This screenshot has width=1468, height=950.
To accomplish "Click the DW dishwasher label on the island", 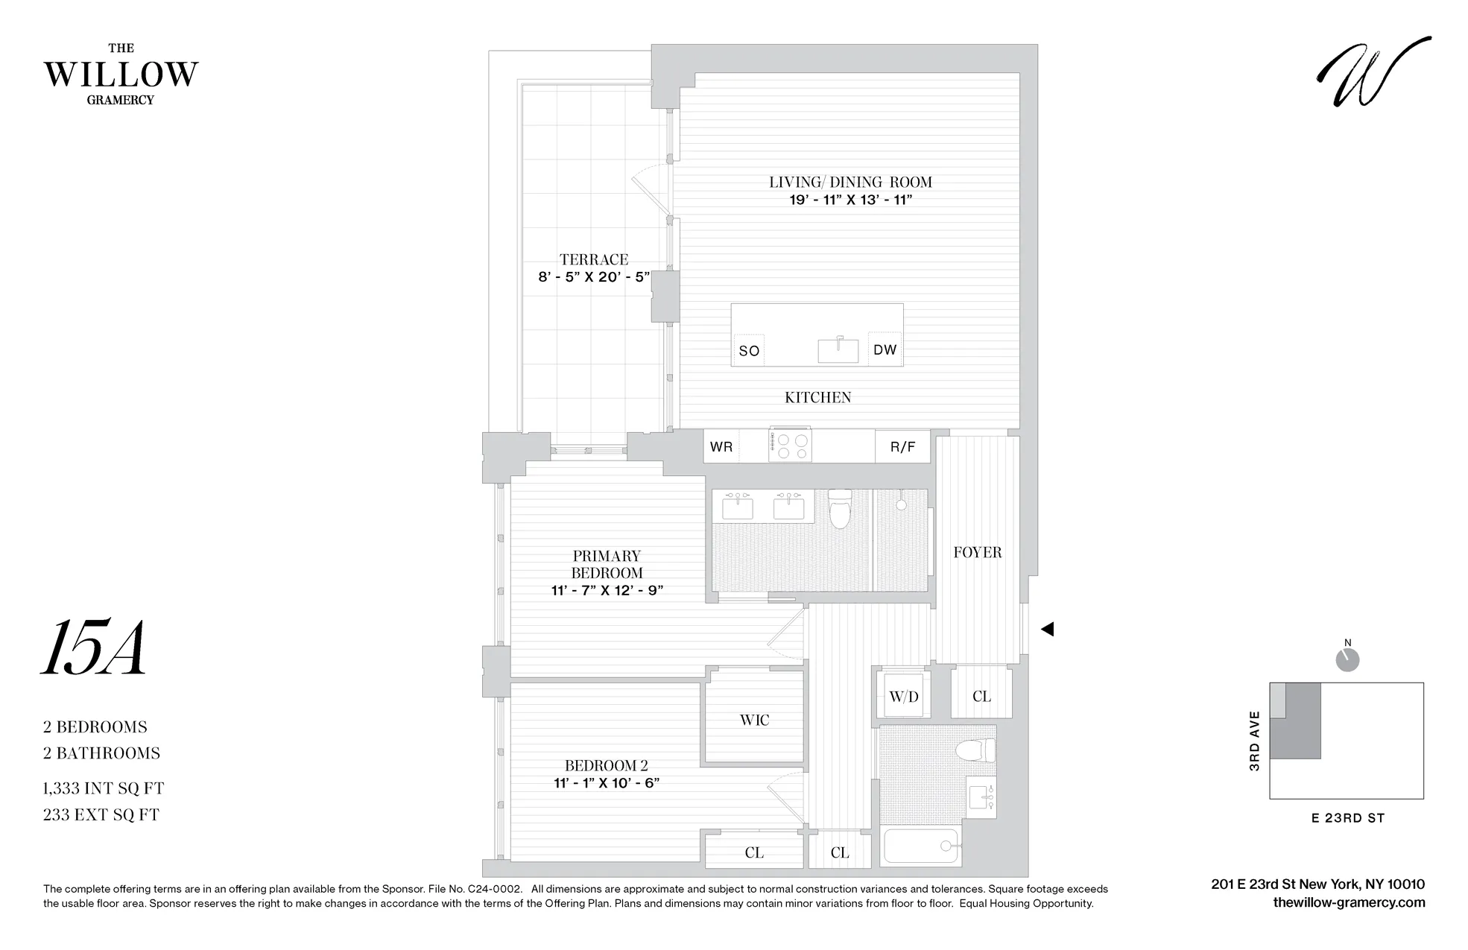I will coord(885,350).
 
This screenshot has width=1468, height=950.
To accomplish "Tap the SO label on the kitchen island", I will coord(749,351).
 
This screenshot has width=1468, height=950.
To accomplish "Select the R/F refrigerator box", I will coord(902,447).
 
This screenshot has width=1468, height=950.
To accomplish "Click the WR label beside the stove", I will coord(721,447).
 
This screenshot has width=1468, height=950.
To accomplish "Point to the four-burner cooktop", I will coord(791,446).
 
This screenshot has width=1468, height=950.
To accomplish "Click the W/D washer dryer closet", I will coord(903,697).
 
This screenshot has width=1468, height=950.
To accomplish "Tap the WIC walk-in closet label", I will coord(754,720).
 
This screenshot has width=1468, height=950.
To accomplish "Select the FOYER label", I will coord(977,552).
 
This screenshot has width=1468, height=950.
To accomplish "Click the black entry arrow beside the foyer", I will coord(1047,629).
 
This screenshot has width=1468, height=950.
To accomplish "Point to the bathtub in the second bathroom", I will coord(920,846).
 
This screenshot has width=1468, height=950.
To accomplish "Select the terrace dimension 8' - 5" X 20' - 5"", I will coord(594,277).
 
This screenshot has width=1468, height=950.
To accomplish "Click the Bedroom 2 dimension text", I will coord(606,783).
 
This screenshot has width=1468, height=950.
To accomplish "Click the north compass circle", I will coord(1347,660).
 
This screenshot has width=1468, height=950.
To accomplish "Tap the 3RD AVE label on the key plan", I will coord(1254,741).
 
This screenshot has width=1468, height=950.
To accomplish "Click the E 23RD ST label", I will coord(1347,818).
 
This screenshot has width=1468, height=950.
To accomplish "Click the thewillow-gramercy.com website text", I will coord(1349,903).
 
